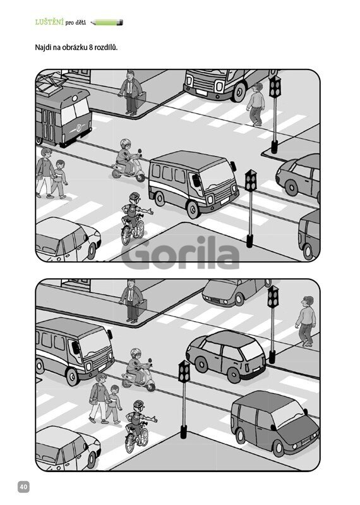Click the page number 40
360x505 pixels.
click(23, 486)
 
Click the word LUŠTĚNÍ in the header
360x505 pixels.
click(49, 22)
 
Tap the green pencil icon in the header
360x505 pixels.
click(107, 23)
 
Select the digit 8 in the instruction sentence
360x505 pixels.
click(91, 47)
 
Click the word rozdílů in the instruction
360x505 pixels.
click(106, 47)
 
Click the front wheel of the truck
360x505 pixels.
click(239, 91)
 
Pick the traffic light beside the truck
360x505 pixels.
click(275, 87)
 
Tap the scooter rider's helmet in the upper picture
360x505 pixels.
click(125, 143)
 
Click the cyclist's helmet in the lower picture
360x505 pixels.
click(138, 405)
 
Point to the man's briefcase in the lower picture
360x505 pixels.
click(141, 307)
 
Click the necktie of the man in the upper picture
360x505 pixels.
click(129, 87)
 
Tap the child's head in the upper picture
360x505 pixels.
click(60, 164)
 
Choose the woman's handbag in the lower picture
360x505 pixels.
click(94, 400)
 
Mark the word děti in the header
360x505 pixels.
click(80, 23)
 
